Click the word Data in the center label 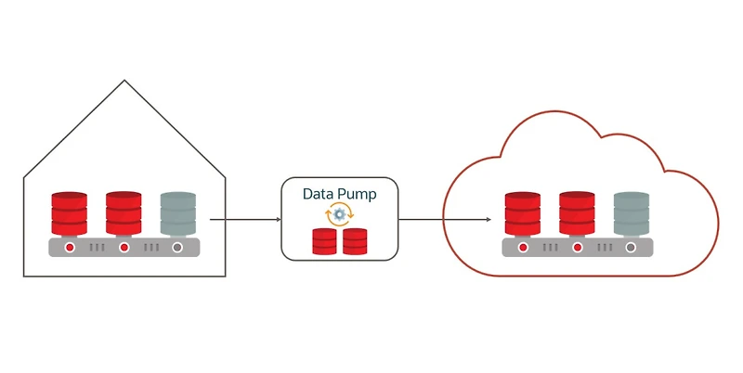coord(319,195)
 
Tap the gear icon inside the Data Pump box coord(340,214)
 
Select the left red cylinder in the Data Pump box coord(324,241)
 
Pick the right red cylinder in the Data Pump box coord(355,241)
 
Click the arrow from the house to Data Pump coord(245,220)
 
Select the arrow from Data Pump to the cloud coord(445,220)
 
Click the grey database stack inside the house coord(177,213)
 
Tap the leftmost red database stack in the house coord(70,213)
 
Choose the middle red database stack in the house coord(124,213)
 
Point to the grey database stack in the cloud coord(631,213)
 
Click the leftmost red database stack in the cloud coord(523,213)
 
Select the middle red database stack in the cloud coord(577,213)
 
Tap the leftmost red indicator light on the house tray coord(70,248)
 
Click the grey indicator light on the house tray coord(177,248)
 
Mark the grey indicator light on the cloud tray coord(631,248)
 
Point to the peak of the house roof coord(124,81)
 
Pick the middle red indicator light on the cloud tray coord(577,248)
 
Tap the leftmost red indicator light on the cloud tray coord(523,248)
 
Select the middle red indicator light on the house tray coord(124,248)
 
